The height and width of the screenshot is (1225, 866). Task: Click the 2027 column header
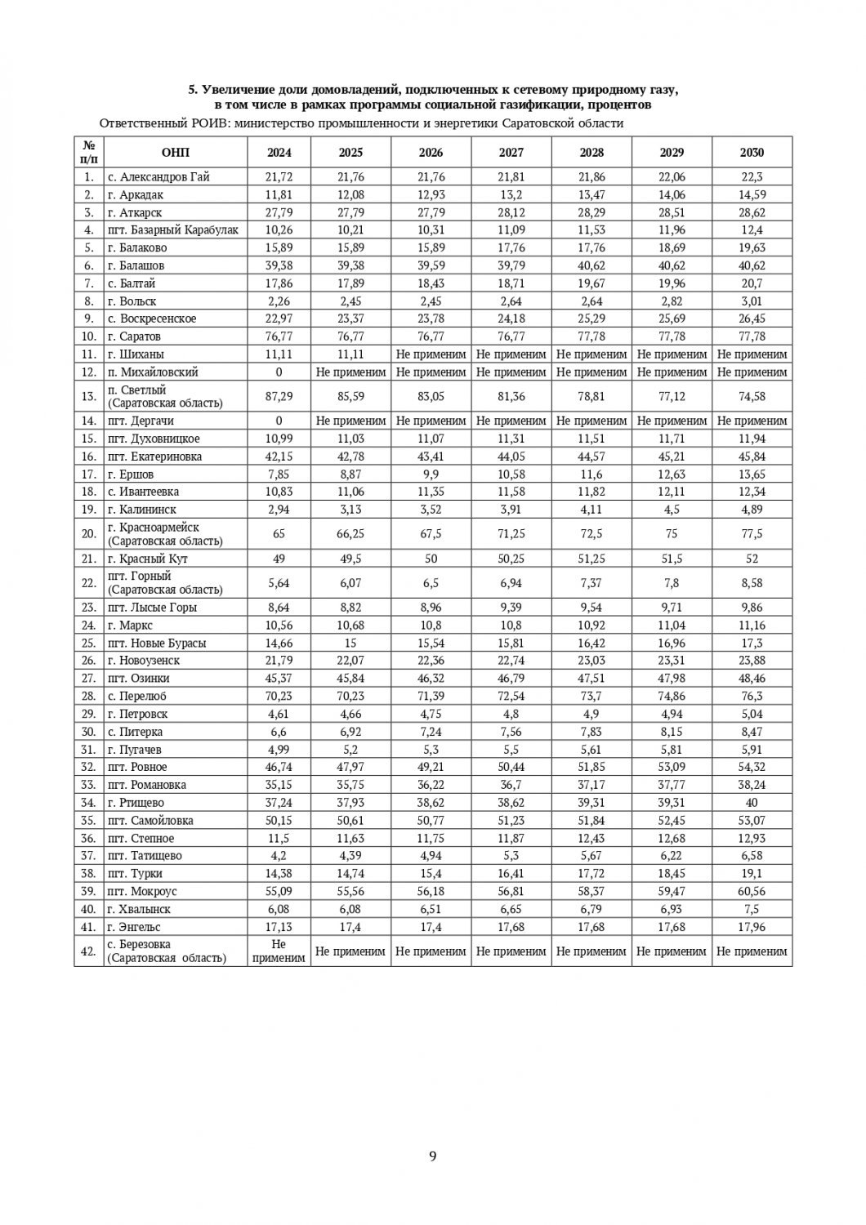pos(511,153)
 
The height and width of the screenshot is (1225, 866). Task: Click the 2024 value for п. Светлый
pos(279,396)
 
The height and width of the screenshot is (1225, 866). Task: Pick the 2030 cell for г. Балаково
pos(752,247)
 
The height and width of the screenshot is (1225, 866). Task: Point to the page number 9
pos(433,1156)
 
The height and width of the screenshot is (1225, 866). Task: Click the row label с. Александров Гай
pos(158,176)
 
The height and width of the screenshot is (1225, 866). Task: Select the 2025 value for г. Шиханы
pos(350,354)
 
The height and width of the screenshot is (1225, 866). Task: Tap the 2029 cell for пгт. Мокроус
pos(672,891)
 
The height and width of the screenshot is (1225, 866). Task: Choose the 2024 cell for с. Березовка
pos(279,951)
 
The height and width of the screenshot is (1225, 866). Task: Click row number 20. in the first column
pos(88,534)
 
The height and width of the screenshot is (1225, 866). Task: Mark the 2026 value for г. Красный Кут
pos(431,559)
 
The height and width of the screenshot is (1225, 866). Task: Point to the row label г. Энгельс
pos(134,927)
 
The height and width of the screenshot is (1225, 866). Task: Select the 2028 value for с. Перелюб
pos(591,696)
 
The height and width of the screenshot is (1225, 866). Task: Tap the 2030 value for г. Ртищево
pos(752,803)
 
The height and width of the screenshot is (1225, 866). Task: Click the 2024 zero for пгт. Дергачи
pos(279,421)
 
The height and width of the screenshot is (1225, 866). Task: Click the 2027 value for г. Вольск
pos(511,301)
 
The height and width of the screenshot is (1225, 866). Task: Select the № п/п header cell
pos(88,153)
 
